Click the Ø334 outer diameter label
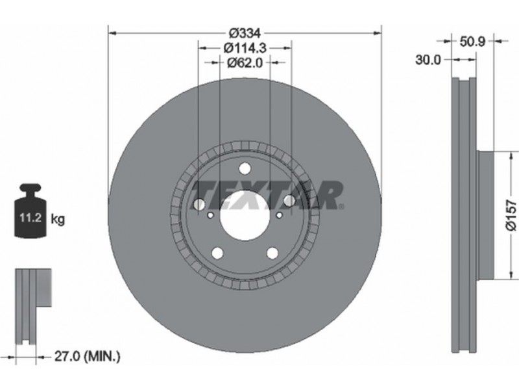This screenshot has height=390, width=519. pos(245,33)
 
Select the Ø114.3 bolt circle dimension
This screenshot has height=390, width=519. pos(245,47)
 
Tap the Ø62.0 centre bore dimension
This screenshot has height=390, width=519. pos(245,62)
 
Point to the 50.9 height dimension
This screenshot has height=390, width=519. pos(472,42)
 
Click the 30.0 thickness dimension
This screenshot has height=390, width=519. pos(428,60)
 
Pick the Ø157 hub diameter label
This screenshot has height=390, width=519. pos(511,215)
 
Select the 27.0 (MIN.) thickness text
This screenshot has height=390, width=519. pos(87,357)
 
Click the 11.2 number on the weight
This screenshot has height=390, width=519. pos(30,218)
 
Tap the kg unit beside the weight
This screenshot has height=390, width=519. pos(58,219)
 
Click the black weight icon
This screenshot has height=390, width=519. pos(30,211)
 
